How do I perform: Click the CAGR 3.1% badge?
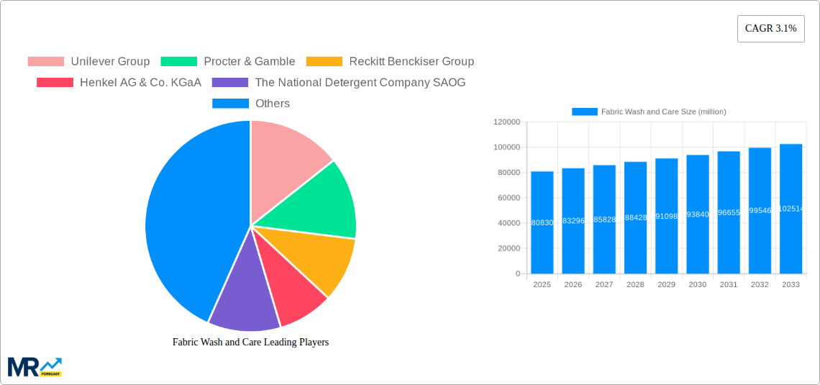pyautogui.click(x=770, y=29)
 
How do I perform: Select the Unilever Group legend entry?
pyautogui.click(x=88, y=61)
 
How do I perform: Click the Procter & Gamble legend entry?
pyautogui.click(x=228, y=61)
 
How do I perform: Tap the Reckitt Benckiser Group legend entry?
pyautogui.click(x=390, y=61)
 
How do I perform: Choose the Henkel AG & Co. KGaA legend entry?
pyautogui.click(x=119, y=82)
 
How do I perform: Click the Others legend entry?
pyautogui.click(x=251, y=103)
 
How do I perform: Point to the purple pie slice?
pyautogui.click(x=243, y=295)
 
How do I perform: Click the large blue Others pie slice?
pyautogui.click(x=187, y=223)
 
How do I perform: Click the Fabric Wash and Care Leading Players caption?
pyautogui.click(x=250, y=342)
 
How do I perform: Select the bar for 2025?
pyautogui.click(x=542, y=222)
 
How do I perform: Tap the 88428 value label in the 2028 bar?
pyautogui.click(x=635, y=217)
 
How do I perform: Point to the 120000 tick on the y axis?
pyautogui.click(x=506, y=122)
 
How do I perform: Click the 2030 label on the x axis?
pyautogui.click(x=698, y=284)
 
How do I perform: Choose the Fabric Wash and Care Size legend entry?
pyautogui.click(x=649, y=112)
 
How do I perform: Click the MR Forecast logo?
pyautogui.click(x=35, y=366)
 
